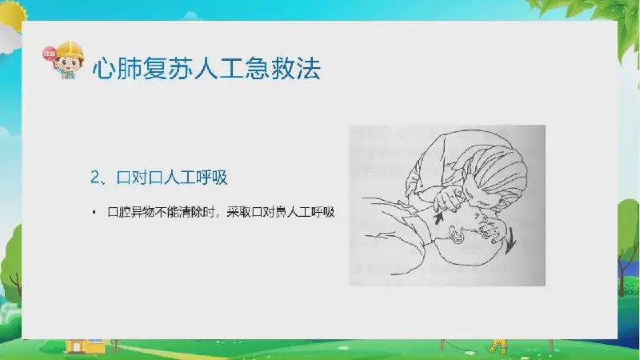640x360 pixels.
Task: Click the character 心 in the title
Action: click(104, 68)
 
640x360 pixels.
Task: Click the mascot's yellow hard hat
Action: click(70, 50)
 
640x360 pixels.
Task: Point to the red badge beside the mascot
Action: click(49, 54)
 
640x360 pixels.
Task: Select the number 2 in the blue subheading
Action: click(95, 178)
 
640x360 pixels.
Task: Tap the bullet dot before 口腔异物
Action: click(94, 212)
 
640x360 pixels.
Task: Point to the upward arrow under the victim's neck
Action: click(438, 218)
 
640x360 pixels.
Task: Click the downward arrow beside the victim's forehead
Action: click(510, 241)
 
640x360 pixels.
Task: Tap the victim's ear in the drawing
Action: click(455, 235)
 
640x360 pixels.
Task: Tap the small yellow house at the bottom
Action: click(85, 346)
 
